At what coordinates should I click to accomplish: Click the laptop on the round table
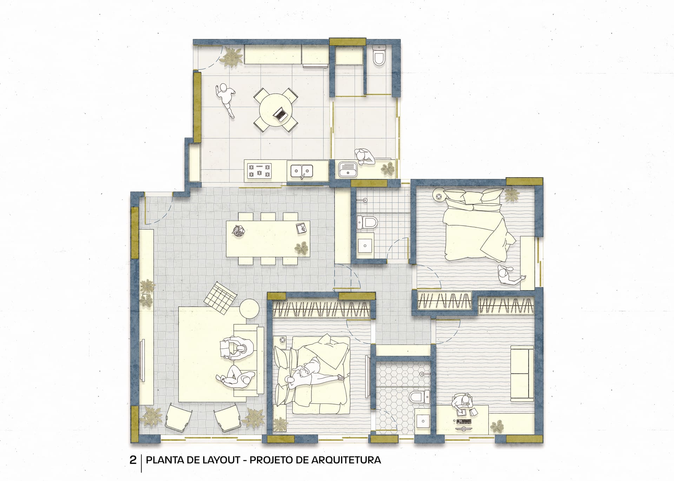[281, 114]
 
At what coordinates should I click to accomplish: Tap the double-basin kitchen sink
[302, 171]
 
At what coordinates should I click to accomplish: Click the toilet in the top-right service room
[379, 55]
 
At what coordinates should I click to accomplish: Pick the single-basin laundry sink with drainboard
[348, 169]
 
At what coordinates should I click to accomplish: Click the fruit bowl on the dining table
[239, 231]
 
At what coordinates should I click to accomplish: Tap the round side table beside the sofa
[250, 308]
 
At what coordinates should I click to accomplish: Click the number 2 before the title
[133, 460]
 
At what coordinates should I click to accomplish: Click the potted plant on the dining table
[302, 248]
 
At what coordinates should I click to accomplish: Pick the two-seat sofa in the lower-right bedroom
[522, 373]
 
